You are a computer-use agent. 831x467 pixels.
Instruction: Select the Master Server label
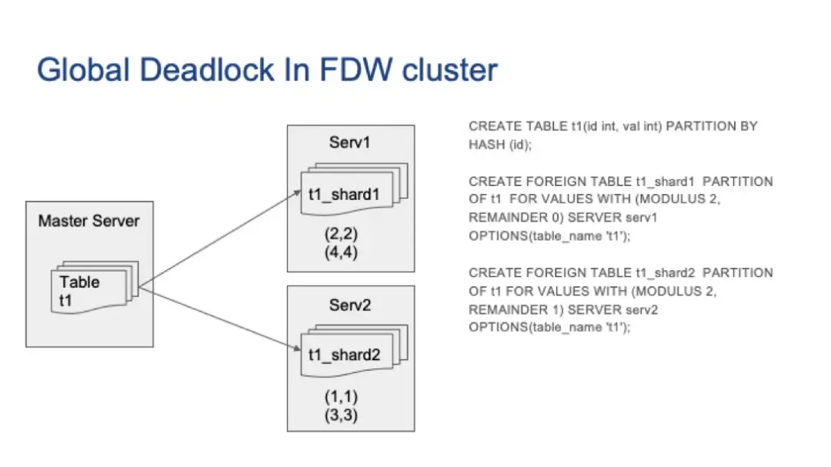pyautogui.click(x=89, y=221)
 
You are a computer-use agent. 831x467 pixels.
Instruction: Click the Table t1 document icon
pyautogui.click(x=95, y=287)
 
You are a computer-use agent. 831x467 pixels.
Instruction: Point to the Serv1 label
pyautogui.click(x=349, y=142)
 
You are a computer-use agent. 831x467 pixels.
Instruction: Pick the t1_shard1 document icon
pyautogui.click(x=354, y=189)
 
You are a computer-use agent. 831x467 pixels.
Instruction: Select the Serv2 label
pyautogui.click(x=350, y=305)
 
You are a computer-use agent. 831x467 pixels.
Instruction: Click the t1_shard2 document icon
pyautogui.click(x=354, y=350)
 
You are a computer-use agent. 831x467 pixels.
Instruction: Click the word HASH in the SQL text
pyautogui.click(x=486, y=145)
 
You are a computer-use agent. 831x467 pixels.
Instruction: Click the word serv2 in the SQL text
pyautogui.click(x=642, y=309)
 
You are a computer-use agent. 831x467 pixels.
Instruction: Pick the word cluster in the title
pyautogui.click(x=450, y=69)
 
